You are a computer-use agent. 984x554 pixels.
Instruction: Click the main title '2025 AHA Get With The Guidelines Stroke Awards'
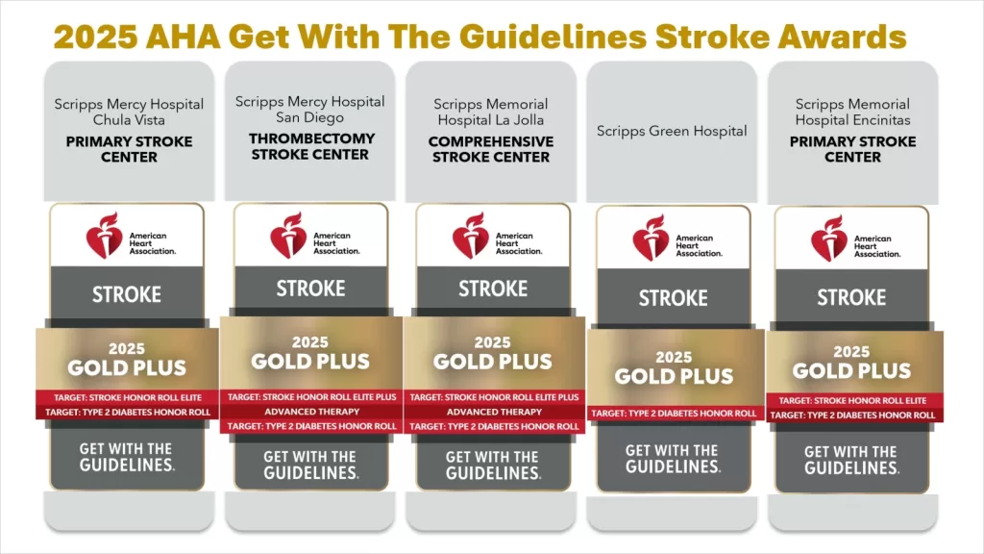480,37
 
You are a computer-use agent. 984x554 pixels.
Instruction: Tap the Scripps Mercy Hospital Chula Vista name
129,112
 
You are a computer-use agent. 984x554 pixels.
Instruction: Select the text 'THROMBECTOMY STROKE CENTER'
310,146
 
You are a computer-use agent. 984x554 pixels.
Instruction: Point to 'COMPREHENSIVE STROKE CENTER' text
491,149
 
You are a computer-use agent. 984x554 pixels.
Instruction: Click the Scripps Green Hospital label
672,131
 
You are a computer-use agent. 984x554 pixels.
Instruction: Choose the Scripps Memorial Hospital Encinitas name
852,112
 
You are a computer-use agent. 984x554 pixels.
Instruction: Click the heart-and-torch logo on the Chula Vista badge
104,236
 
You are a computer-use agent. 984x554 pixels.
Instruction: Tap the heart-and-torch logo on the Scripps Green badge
651,239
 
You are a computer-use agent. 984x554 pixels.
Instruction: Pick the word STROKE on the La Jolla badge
493,289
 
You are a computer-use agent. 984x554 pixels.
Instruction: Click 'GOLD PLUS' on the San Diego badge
310,362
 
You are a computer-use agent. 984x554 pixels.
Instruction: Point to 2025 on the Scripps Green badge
674,357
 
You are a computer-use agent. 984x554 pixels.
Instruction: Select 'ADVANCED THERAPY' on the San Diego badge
312,412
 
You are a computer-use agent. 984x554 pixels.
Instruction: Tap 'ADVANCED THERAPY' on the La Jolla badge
494,412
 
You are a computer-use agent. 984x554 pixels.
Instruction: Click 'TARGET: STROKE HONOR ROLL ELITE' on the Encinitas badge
852,400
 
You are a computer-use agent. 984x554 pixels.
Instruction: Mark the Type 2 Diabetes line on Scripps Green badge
674,414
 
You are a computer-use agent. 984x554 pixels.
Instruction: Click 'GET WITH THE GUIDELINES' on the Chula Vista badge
127,457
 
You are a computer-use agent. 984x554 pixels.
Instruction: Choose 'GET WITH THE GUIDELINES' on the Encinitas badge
851,460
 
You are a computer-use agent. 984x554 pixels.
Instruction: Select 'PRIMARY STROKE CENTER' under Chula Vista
130,149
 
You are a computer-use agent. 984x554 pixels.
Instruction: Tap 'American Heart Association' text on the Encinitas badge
877,246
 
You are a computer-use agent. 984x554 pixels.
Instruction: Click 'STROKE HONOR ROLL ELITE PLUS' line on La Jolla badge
494,397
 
